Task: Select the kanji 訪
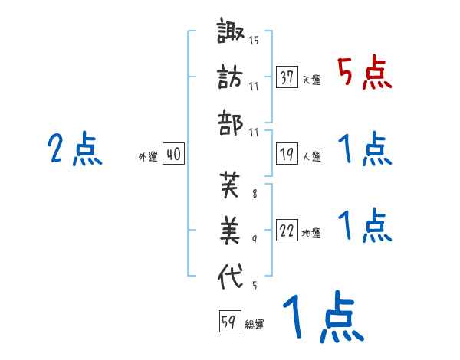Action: [230, 77]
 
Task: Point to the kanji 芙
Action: [230, 185]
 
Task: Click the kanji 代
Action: [230, 275]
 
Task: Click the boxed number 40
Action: [173, 154]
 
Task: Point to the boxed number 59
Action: [228, 322]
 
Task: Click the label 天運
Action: [311, 80]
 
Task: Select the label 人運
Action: [311, 156]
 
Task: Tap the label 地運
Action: [311, 233]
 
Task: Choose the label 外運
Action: [147, 156]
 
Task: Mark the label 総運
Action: [255, 324]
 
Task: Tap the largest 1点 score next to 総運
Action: [321, 318]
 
